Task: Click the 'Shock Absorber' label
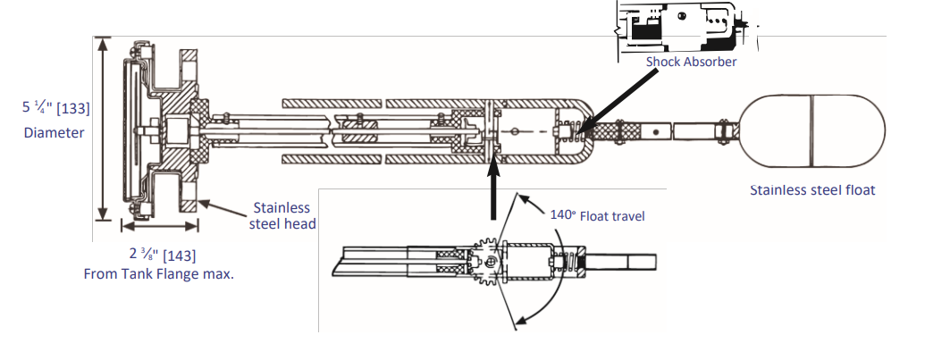click(691, 62)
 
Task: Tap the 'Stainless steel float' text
click(811, 189)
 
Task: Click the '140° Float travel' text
click(597, 215)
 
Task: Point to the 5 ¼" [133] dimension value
click(56, 108)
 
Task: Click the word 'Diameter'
click(55, 132)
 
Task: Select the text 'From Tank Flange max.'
click(158, 273)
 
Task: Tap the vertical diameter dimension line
click(105, 130)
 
